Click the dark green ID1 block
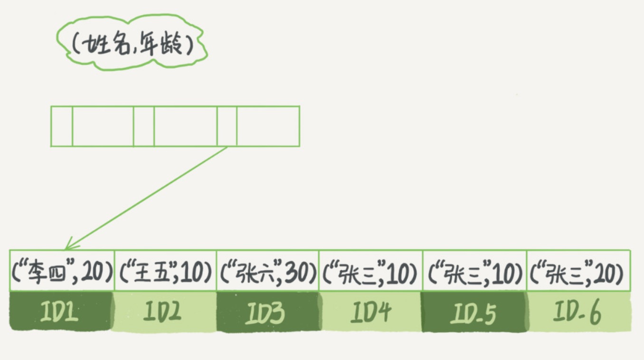click(x=61, y=311)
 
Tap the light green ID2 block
click(x=164, y=311)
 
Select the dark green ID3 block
click(x=267, y=311)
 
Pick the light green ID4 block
click(x=370, y=311)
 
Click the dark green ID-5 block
click(x=474, y=311)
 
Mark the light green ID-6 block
click(x=578, y=311)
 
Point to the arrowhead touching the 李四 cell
click(x=68, y=246)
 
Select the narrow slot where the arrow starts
click(x=227, y=126)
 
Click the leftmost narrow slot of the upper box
click(x=62, y=126)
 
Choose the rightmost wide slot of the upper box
click(x=268, y=126)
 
